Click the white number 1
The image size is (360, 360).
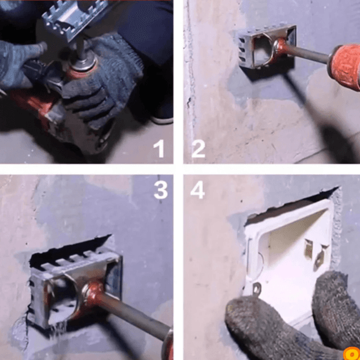click(159, 148)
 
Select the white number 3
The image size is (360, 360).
click(160, 190)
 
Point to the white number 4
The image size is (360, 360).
click(197, 190)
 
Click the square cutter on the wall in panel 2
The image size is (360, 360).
click(267, 47)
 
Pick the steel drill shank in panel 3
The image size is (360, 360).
click(136, 316)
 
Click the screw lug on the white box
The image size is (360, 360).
click(257, 289)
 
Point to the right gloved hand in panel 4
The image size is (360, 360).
click(335, 310)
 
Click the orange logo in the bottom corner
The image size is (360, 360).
click(352, 353)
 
